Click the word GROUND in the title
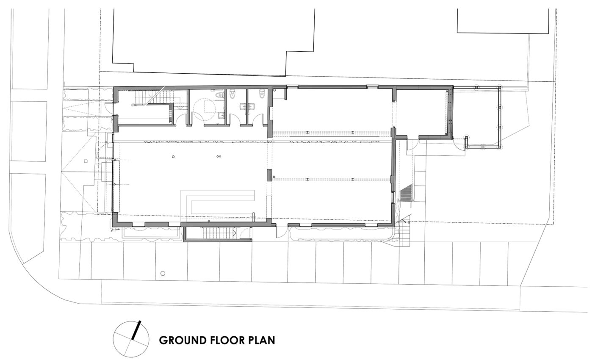point(183,341)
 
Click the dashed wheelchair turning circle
point(204,111)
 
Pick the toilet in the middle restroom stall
point(232,93)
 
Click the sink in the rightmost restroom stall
point(252,107)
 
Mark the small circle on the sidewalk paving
point(163,273)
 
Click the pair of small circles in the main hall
point(219,156)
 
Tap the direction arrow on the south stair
point(235,233)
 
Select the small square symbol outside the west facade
point(86,161)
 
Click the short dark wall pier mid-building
point(269,175)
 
